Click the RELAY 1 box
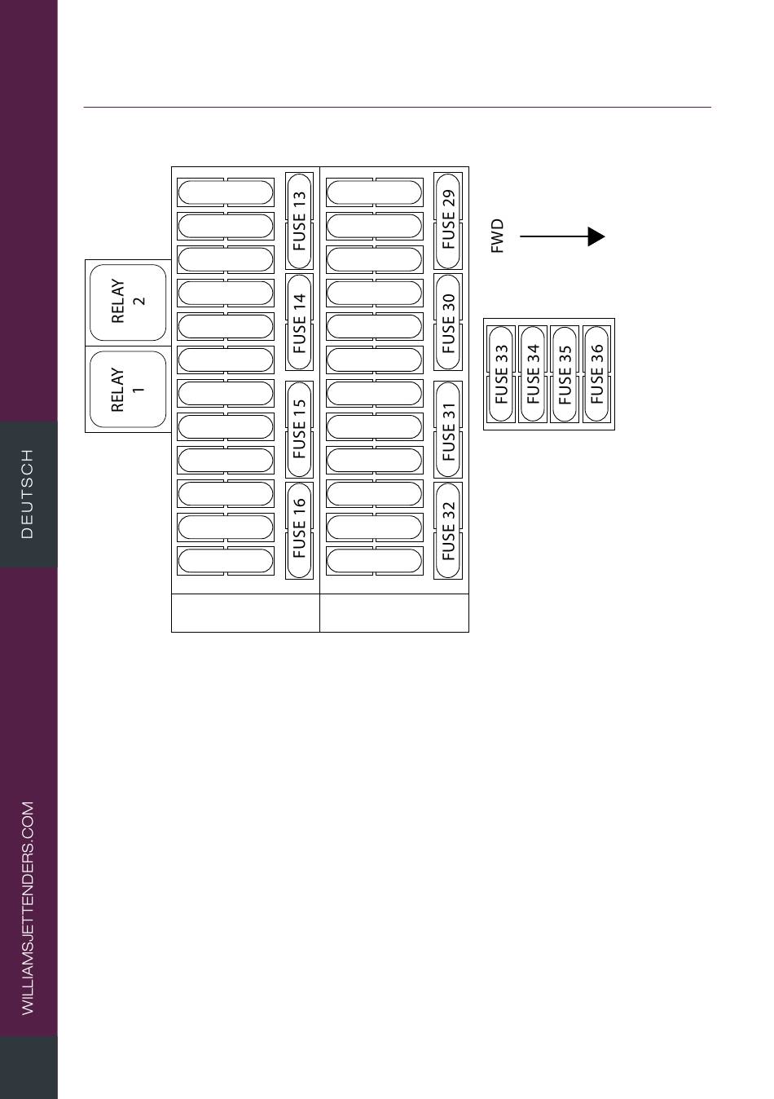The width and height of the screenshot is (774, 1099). pyautogui.click(x=128, y=389)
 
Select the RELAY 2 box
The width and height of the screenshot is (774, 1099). pyautogui.click(x=128, y=302)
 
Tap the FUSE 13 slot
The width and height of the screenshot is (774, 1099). pyautogui.click(x=299, y=221)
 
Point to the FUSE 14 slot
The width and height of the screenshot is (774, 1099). pyautogui.click(x=299, y=322)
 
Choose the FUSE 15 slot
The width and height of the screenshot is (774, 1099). pyautogui.click(x=299, y=430)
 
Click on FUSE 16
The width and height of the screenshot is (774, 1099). pyautogui.click(x=299, y=531)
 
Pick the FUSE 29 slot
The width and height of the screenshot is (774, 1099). pyautogui.click(x=448, y=221)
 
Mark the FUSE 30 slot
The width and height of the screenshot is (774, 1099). pyautogui.click(x=448, y=322)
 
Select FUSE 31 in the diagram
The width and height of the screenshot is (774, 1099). pyautogui.click(x=448, y=430)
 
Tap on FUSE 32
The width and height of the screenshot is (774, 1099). pyautogui.click(x=448, y=531)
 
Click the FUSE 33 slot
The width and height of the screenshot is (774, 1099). pyautogui.click(x=501, y=374)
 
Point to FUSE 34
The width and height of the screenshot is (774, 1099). pyautogui.click(x=533, y=374)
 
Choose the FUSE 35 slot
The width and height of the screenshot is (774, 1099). pyautogui.click(x=565, y=374)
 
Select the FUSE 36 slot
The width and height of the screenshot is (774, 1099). pyautogui.click(x=596, y=374)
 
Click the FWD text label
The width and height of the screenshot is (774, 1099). pyautogui.click(x=497, y=236)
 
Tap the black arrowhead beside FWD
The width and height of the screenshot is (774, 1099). pyautogui.click(x=596, y=236)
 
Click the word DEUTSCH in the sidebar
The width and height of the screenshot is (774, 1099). pyautogui.click(x=28, y=494)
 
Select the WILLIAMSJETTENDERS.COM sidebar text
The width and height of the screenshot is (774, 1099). pyautogui.click(x=28, y=908)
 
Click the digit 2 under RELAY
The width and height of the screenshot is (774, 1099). pyautogui.click(x=139, y=301)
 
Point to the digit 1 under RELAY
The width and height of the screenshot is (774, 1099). pyautogui.click(x=139, y=390)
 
